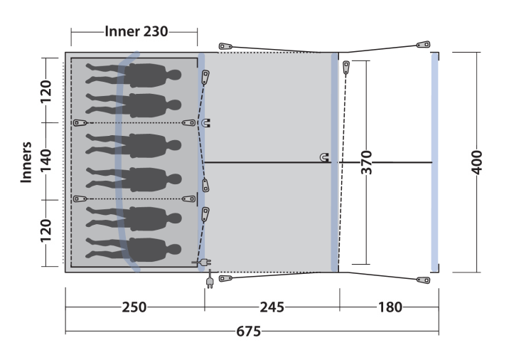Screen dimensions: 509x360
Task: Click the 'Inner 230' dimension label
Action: pyautogui.click(x=136, y=31)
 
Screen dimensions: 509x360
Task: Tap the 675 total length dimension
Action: pyautogui.click(x=248, y=332)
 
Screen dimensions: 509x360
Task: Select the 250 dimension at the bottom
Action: pyautogui.click(x=134, y=307)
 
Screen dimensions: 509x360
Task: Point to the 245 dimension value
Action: pyautogui.click(x=272, y=307)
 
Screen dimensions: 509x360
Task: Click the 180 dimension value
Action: pyautogui.click(x=390, y=307)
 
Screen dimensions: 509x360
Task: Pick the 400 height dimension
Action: pyautogui.click(x=476, y=162)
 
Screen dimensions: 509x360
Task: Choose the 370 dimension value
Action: pyautogui.click(x=367, y=162)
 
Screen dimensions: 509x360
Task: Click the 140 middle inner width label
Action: pyautogui.click(x=45, y=161)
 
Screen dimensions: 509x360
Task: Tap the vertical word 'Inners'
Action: pyautogui.click(x=26, y=162)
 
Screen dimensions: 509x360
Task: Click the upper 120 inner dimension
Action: pyautogui.click(x=45, y=91)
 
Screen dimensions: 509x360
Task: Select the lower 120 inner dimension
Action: pyautogui.click(x=45, y=231)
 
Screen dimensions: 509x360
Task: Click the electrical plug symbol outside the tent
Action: pyautogui.click(x=210, y=281)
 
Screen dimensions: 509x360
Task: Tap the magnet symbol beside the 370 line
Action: pyautogui.click(x=324, y=157)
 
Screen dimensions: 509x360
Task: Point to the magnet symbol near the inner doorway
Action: pyautogui.click(x=206, y=123)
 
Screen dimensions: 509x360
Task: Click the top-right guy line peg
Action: pyautogui.click(x=423, y=44)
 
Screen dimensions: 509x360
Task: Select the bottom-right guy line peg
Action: pyautogui.click(x=423, y=280)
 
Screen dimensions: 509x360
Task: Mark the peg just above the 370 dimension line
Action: pyautogui.click(x=346, y=68)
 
